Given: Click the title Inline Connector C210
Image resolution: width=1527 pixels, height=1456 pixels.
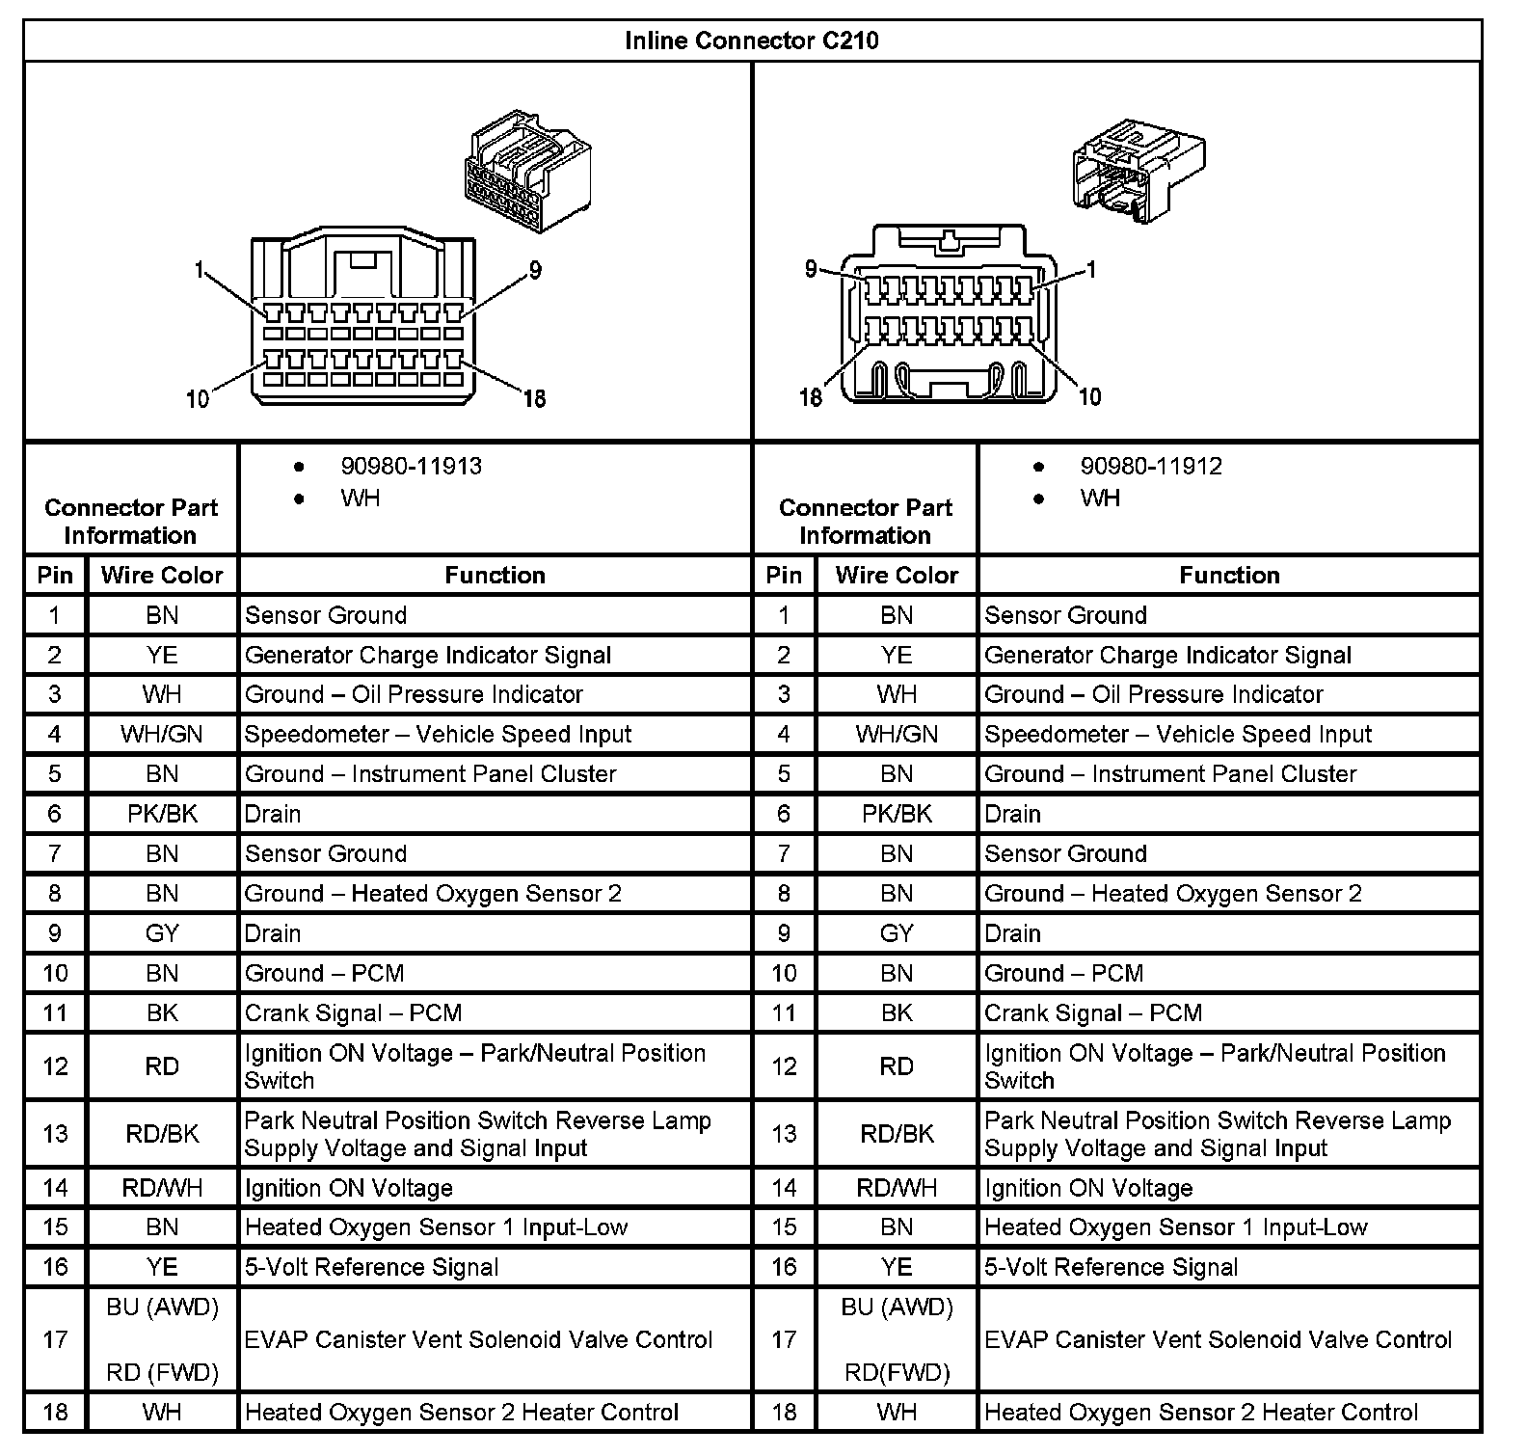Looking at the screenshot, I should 751,40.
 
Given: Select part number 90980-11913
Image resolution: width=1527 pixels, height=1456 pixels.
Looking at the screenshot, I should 411,466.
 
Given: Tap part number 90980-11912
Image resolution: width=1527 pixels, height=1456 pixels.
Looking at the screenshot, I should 1150,466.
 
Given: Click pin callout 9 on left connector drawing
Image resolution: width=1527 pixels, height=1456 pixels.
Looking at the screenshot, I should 535,271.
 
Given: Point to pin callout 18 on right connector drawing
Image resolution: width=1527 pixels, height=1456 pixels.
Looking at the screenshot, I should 811,396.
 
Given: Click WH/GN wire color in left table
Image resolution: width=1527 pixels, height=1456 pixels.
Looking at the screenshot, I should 162,734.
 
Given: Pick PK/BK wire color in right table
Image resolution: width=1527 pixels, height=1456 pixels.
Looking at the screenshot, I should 897,814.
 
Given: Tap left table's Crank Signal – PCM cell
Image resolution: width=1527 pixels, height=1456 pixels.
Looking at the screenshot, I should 353,1013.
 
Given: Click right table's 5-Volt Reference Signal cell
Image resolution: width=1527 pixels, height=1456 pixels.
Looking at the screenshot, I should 1111,1267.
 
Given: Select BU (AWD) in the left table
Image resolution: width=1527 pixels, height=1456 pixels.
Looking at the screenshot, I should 162,1308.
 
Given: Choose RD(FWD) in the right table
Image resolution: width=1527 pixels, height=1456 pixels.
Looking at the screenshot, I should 897,1372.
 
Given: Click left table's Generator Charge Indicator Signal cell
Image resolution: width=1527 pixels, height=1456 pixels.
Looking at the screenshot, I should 427,656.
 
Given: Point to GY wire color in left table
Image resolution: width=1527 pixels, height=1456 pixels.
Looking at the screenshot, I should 162,933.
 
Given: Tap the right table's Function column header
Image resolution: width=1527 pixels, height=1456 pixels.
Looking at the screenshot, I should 1229,576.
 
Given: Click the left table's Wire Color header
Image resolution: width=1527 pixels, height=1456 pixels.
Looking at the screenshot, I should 162,576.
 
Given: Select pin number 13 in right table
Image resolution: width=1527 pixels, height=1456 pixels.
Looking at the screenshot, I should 784,1133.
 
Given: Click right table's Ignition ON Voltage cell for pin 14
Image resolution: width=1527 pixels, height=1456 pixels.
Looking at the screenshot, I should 1088,1188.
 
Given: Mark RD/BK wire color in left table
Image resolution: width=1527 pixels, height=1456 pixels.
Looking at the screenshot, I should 162,1133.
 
